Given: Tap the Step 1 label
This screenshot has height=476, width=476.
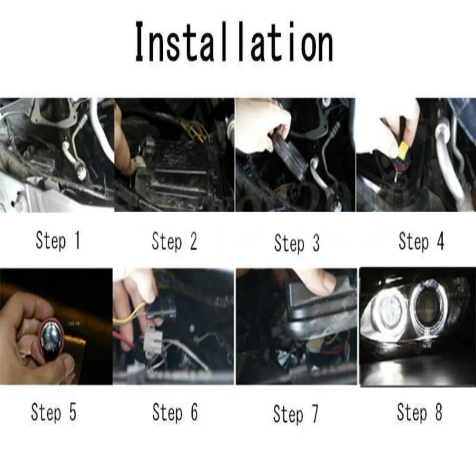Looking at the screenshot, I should click(58, 241).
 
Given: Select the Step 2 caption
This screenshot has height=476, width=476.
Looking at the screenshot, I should click(174, 242).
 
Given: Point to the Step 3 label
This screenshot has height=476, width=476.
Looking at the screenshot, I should click(297, 244).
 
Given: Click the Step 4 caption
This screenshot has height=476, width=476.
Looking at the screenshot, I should click(421, 242).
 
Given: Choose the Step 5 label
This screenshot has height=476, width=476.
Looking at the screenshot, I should click(53, 412).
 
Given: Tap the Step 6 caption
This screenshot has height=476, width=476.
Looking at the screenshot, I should click(174, 413).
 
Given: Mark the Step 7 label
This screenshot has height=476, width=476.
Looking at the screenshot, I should click(296, 414).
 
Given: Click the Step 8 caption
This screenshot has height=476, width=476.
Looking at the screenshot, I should click(419, 413).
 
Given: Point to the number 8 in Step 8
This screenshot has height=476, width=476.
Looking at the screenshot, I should click(437, 413).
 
